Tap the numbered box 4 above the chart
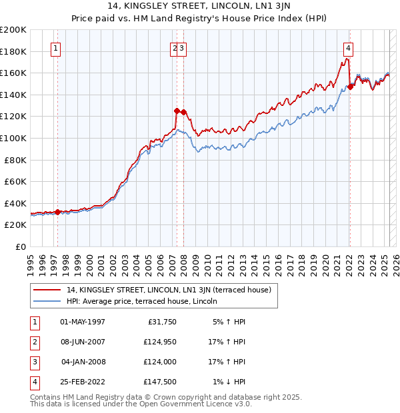(x=349, y=48)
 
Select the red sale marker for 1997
(x=57, y=212)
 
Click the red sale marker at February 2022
(x=350, y=87)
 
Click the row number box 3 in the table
(x=33, y=362)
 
